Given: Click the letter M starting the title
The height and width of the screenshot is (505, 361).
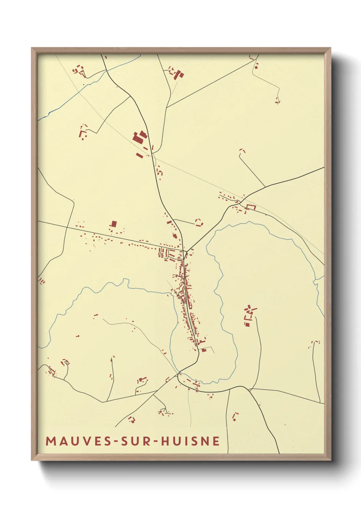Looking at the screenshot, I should pos(51,441).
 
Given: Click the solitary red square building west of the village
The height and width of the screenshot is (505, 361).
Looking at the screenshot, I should pos(114,224).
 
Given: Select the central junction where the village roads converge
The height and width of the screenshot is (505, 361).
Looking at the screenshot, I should pos(185,252).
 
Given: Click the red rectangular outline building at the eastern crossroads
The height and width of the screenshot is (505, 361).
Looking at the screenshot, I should pos(251,207).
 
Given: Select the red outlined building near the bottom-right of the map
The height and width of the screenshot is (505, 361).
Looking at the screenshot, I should pos(235,416).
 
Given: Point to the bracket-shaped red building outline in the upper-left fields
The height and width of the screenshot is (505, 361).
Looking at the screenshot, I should pos(83,131).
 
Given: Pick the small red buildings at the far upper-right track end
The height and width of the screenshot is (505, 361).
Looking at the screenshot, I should pos(278,101).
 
